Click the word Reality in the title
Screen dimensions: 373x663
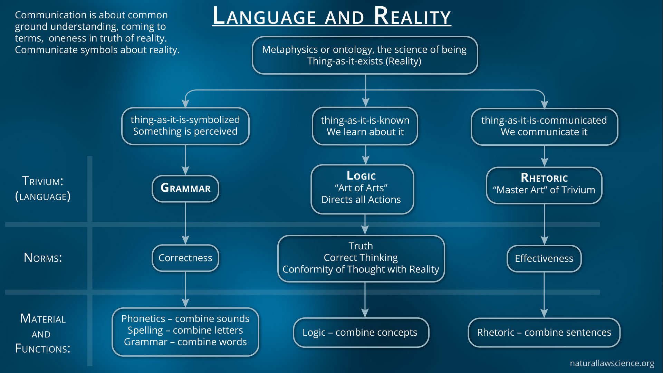412,16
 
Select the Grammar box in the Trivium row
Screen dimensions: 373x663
185,188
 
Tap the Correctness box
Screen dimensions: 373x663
185,258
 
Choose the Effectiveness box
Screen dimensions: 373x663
544,258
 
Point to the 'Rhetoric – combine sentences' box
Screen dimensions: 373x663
544,332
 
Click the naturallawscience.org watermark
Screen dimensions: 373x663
612,363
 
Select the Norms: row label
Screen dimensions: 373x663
43,258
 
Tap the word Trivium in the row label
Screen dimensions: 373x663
42,181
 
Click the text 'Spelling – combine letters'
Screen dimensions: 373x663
185,330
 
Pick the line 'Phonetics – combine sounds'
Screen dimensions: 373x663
185,318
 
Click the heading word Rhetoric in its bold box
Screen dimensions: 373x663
544,178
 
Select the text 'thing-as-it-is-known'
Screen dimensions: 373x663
365,120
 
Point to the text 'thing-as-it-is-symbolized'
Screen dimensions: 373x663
185,119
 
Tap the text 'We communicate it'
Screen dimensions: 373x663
544,132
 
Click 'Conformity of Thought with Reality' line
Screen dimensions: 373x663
361,269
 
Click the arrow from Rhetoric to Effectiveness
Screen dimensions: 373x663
545,224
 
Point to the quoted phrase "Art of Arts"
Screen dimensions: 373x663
361,188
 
